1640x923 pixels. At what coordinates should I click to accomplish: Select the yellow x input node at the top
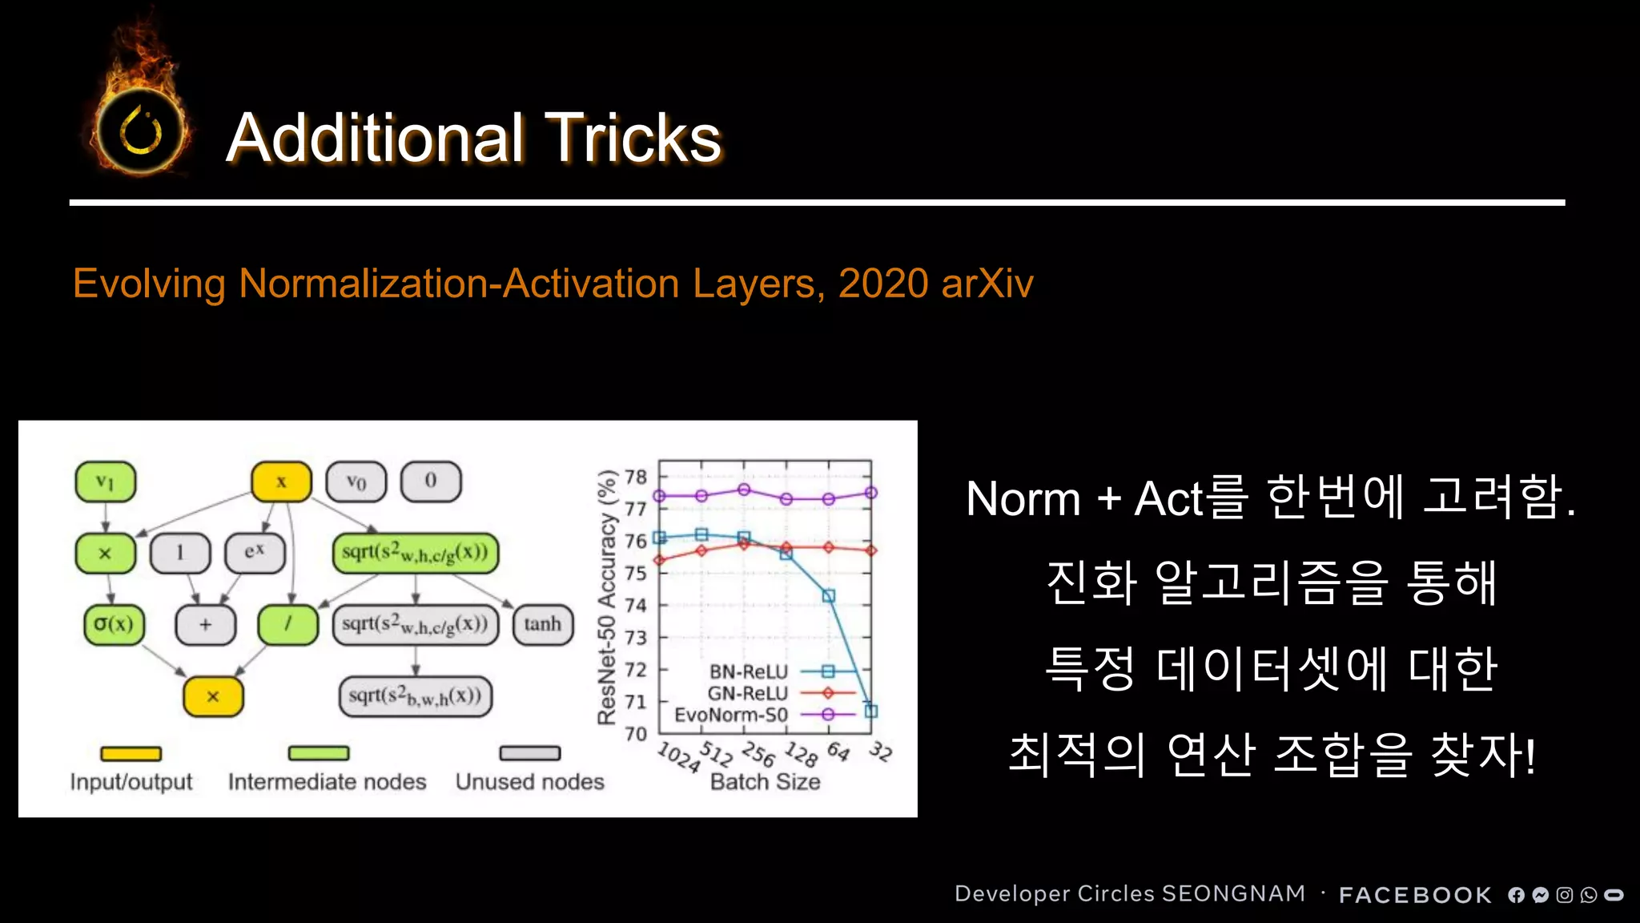[x=281, y=482]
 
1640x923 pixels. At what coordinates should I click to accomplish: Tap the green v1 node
[x=105, y=482]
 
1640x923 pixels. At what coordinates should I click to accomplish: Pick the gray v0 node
[x=356, y=482]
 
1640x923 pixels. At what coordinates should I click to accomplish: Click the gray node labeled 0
[x=431, y=482]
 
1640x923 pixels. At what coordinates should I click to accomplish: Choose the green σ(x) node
[x=114, y=624]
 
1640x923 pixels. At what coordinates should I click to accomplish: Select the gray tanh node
[x=542, y=624]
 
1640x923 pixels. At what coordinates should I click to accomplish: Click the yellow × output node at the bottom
[x=213, y=696]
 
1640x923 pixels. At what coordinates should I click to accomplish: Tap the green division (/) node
[x=287, y=624]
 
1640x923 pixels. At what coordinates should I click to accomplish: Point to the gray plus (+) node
[x=206, y=624]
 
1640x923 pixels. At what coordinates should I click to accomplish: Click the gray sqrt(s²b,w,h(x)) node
[x=415, y=696]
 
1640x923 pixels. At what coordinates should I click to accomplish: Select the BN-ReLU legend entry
[x=749, y=671]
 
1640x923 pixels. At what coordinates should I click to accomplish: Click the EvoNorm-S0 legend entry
[x=731, y=714]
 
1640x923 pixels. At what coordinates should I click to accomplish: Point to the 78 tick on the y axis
[x=636, y=477]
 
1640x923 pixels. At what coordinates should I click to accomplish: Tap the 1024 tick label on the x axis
[x=678, y=756]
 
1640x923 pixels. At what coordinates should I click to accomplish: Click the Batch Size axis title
[x=765, y=782]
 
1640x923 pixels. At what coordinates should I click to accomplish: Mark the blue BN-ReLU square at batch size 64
[x=829, y=596]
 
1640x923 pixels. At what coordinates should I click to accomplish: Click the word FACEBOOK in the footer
[x=1415, y=895]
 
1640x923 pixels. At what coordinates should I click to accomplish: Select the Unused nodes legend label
[x=529, y=782]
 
